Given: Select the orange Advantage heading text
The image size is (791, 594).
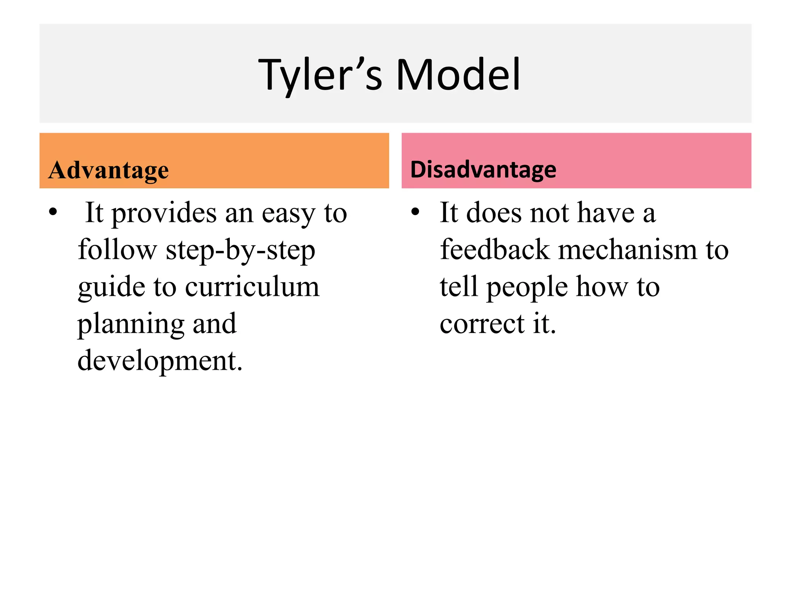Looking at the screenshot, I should pyautogui.click(x=109, y=170).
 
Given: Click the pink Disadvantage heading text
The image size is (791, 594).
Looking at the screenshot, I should pyautogui.click(x=483, y=169).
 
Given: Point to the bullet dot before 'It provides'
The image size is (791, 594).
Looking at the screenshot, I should pyautogui.click(x=53, y=212).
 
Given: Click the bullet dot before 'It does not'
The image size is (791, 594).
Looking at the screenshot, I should pyautogui.click(x=415, y=212).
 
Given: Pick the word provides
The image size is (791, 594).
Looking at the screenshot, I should pyautogui.click(x=164, y=213).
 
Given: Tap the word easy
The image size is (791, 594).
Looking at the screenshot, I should pyautogui.click(x=288, y=213).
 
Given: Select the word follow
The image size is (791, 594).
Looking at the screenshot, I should pyautogui.click(x=117, y=250).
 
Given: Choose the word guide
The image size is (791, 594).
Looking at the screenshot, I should pyautogui.click(x=111, y=288).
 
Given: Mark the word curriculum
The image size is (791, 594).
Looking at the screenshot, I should pyautogui.click(x=252, y=287).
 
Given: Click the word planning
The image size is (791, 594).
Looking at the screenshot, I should pyautogui.click(x=131, y=324).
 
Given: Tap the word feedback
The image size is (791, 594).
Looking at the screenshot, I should pyautogui.click(x=495, y=250).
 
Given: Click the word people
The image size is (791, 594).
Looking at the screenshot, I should pyautogui.click(x=527, y=288).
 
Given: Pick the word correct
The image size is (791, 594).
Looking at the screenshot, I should pyautogui.click(x=482, y=324).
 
